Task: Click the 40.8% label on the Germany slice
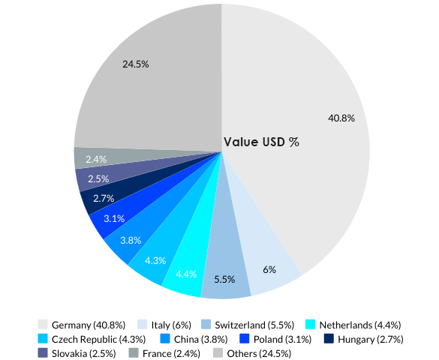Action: point(341,118)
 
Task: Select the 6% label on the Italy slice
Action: point(269,269)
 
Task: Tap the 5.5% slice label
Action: point(224,279)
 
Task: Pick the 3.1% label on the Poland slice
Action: point(114,218)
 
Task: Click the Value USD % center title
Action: point(262,142)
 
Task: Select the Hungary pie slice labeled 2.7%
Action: point(104,199)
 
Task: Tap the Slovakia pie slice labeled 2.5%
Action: point(98,178)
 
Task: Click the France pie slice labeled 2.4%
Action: point(96,159)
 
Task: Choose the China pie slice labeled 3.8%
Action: point(131,240)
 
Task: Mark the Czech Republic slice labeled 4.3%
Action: point(155,260)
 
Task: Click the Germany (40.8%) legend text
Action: point(88,325)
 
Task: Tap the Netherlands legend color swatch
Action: point(310,325)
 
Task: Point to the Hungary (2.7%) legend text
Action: point(370,339)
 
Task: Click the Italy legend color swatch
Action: point(141,325)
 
